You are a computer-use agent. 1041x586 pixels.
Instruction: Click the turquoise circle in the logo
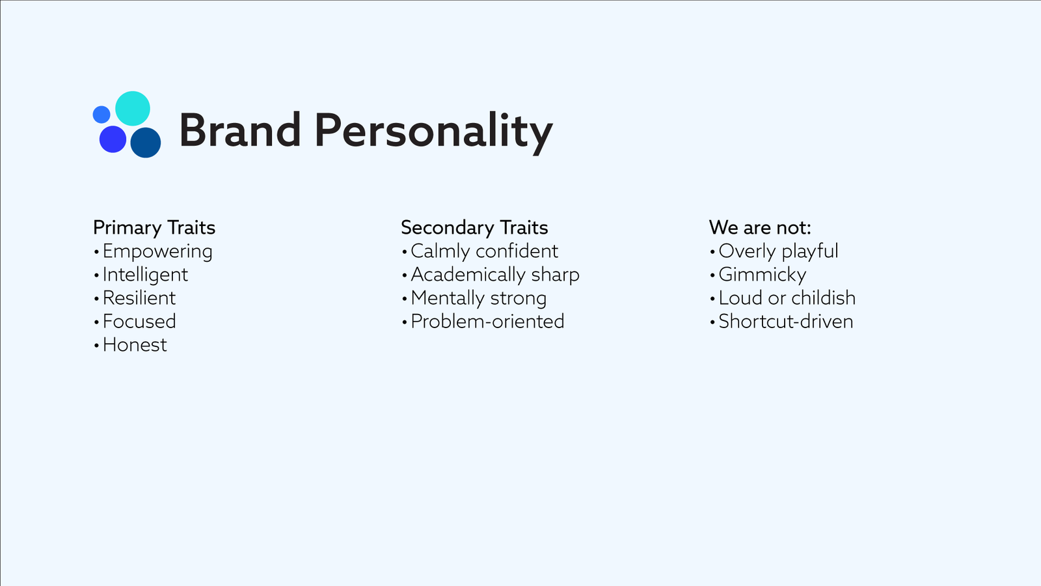pos(133,108)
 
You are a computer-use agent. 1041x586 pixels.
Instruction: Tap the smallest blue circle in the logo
pos(101,115)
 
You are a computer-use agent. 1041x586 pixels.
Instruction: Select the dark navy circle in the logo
pos(146,143)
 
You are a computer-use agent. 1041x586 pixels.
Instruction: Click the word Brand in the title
pos(240,131)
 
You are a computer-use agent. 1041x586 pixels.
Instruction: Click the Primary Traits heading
pos(154,227)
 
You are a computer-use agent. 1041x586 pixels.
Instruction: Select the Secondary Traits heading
pos(474,227)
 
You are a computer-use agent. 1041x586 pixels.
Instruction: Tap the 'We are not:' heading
pos(760,227)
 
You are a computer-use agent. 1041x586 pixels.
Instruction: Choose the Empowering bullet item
pos(157,251)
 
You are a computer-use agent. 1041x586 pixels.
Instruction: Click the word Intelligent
pos(145,275)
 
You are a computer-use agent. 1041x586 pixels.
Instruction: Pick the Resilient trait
pos(139,298)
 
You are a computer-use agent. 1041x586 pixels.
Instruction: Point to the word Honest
pos(134,344)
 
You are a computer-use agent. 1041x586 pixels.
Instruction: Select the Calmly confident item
pos(484,251)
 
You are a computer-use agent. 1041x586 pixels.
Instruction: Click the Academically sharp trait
pos(495,275)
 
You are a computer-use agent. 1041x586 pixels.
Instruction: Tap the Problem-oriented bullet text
pos(487,322)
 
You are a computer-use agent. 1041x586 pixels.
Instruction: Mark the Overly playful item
pos(778,251)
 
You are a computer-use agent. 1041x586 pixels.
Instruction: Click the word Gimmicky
pos(762,275)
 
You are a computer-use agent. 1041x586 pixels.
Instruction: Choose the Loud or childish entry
pos(787,298)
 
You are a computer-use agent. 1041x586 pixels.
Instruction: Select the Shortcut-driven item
pos(786,322)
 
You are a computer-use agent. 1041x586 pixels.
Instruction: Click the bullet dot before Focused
pos(97,322)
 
